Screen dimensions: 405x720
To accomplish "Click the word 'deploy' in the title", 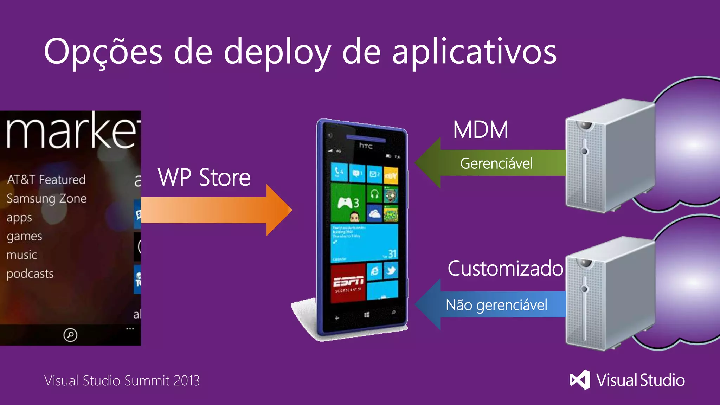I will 277,53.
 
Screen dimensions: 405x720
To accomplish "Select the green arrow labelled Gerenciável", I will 492,163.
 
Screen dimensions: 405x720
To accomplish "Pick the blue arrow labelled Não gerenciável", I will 492,304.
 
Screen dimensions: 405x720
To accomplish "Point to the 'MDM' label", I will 481,130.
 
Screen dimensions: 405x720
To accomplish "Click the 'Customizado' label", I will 505,269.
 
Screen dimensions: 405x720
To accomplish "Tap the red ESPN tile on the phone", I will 348,283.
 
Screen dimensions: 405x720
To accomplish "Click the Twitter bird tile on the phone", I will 391,270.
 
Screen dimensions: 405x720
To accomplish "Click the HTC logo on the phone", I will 366,146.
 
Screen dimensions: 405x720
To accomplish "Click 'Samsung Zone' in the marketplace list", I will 46,199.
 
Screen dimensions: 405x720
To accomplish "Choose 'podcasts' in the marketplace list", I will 30,274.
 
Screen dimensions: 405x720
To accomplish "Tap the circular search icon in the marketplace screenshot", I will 70,335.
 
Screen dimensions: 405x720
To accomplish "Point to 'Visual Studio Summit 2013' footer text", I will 122,380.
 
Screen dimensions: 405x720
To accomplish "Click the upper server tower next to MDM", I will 610,156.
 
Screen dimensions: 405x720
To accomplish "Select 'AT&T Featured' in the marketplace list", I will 46,180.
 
